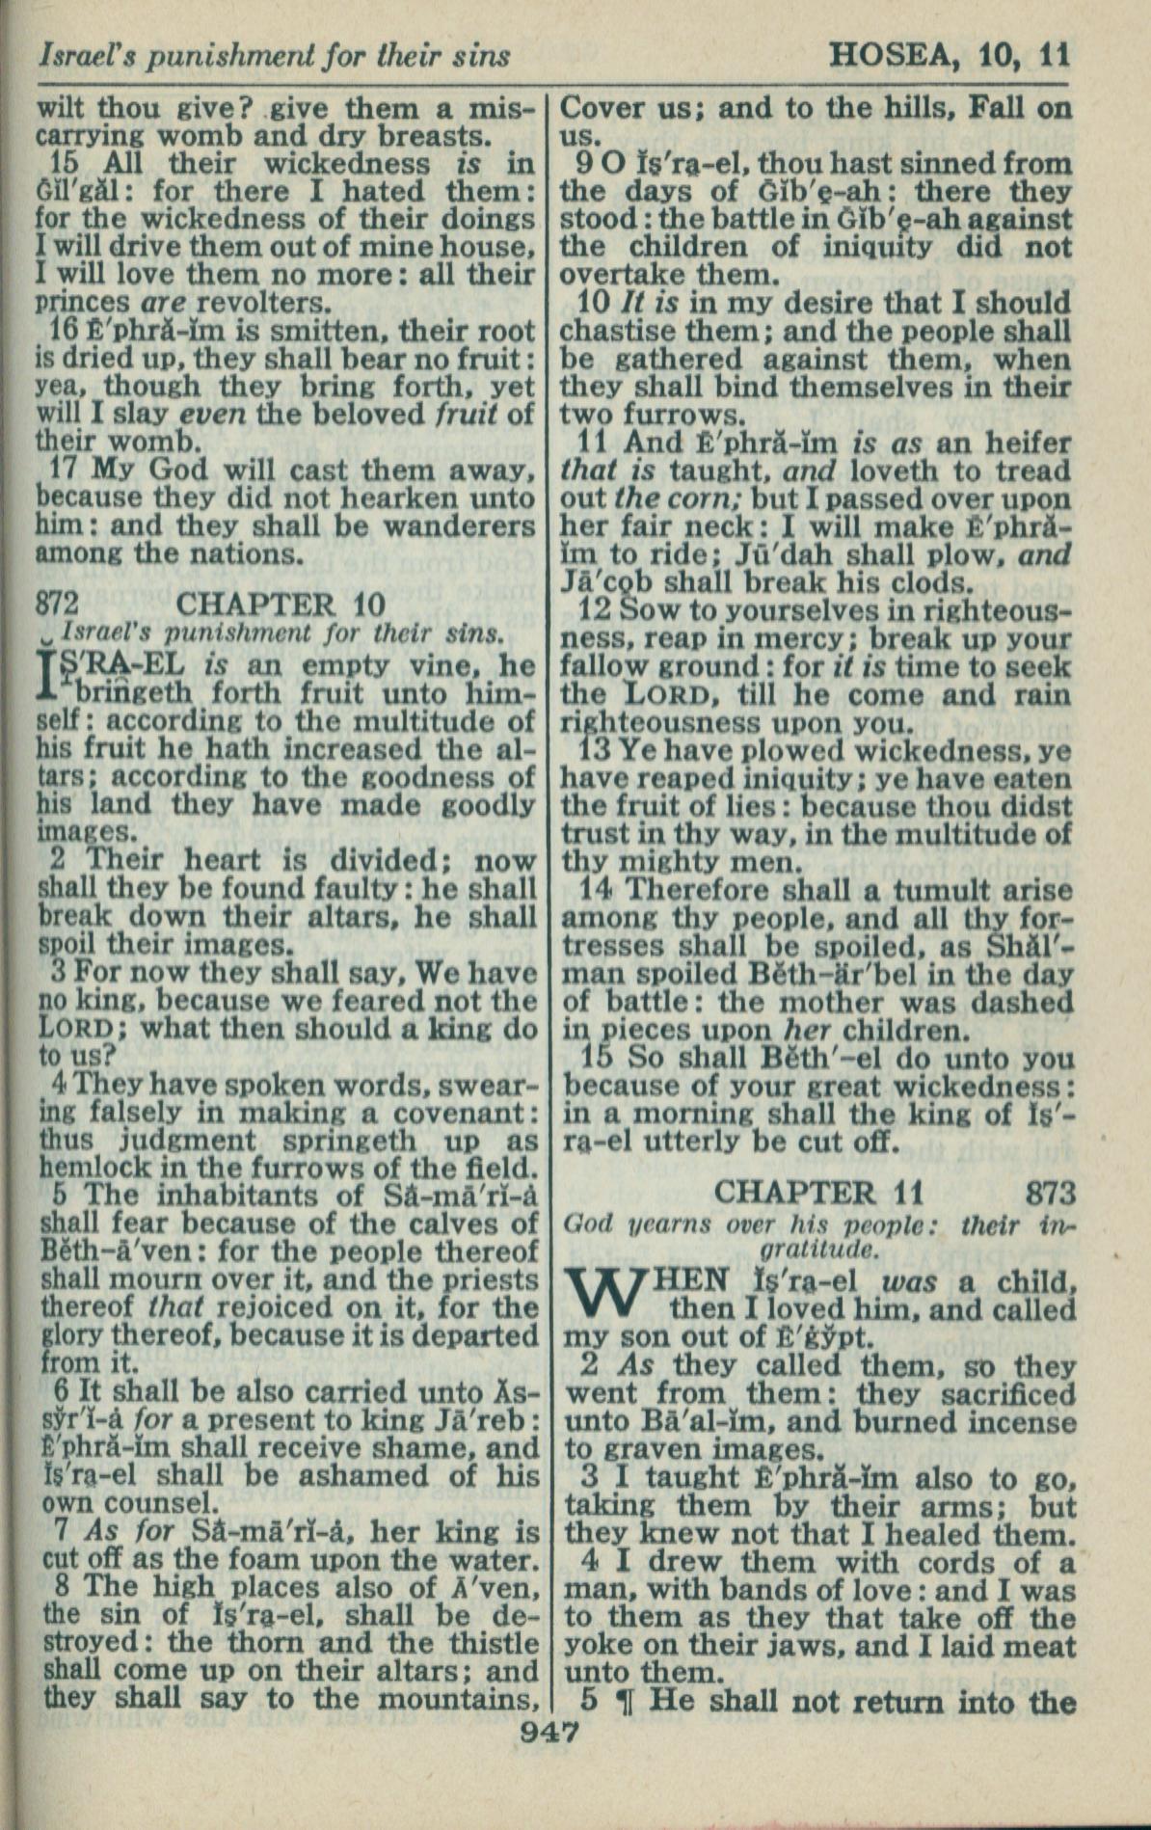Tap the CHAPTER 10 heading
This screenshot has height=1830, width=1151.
pos(281,605)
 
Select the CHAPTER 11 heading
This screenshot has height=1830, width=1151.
pos(818,1193)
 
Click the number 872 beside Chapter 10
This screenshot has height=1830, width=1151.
pos(57,605)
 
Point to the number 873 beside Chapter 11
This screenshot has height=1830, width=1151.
pos(1050,1194)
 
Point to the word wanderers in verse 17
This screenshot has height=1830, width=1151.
pos(459,526)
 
